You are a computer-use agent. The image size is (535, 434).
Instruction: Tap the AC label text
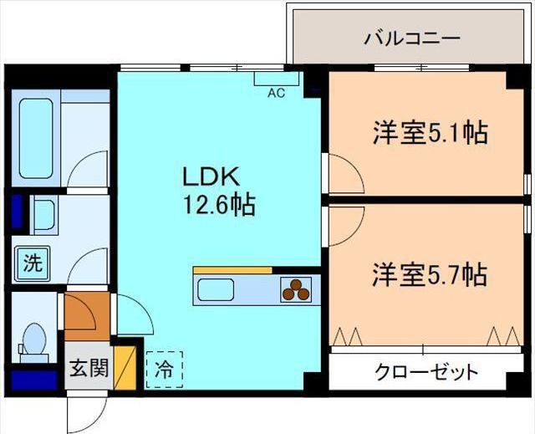coord(276,93)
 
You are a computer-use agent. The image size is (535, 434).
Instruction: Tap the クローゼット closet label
coord(426,370)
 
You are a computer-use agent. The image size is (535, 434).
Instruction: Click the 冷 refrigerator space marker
coord(165,369)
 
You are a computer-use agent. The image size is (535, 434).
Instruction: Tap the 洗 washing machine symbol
coord(32,264)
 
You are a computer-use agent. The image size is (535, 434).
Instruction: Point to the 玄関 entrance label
coord(88,368)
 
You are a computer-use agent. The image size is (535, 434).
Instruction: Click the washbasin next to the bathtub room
coord(43,217)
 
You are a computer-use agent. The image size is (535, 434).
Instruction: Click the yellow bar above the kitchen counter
coord(232,270)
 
